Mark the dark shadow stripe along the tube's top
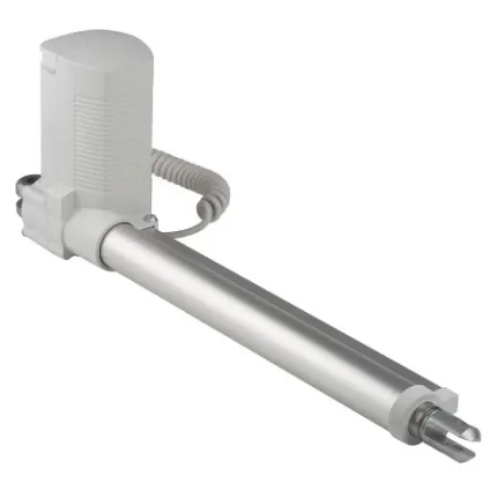click(x=289, y=289)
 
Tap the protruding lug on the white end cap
click(x=444, y=395)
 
